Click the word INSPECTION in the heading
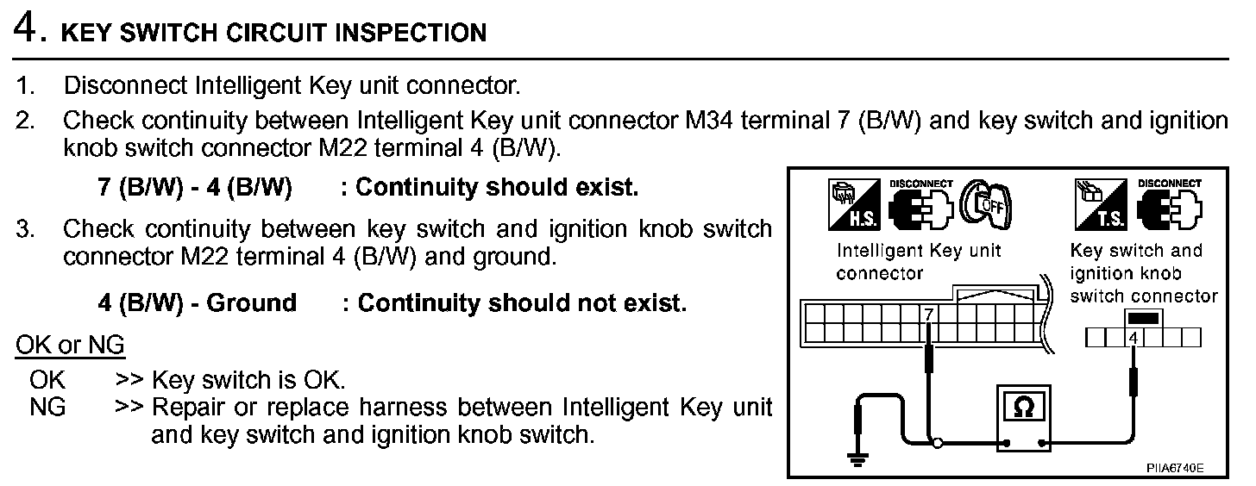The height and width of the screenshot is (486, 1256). pyautogui.click(x=410, y=34)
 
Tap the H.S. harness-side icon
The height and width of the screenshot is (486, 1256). pyautogui.click(x=851, y=205)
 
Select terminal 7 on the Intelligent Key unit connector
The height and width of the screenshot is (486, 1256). pyautogui.click(x=928, y=315)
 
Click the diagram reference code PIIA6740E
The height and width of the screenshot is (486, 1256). pyautogui.click(x=1174, y=468)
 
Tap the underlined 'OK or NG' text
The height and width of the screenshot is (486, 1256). pyautogui.click(x=71, y=346)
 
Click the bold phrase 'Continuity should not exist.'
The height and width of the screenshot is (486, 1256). pyautogui.click(x=522, y=303)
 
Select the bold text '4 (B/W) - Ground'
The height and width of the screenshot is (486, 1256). pyautogui.click(x=197, y=303)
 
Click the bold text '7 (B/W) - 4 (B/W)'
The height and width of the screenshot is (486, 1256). pyautogui.click(x=194, y=188)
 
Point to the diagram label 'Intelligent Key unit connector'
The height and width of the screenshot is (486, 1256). pyautogui.click(x=919, y=262)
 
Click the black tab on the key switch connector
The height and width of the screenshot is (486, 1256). pyautogui.click(x=1142, y=317)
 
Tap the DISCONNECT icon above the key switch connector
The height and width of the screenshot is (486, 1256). pyautogui.click(x=1170, y=205)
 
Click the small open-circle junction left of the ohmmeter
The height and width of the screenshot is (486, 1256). pyautogui.click(x=939, y=445)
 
